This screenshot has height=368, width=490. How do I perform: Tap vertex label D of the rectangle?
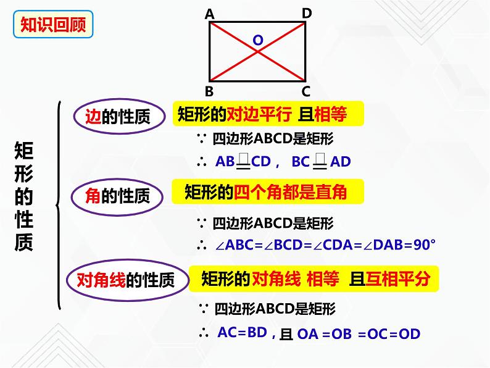point(307,13)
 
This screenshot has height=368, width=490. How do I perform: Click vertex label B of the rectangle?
point(209,92)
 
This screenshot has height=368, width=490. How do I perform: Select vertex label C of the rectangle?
point(306,92)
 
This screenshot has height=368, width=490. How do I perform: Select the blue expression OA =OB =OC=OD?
point(359,335)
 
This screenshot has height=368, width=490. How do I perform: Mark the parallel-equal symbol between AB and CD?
point(243,161)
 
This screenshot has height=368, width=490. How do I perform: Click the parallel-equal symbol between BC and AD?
point(320,161)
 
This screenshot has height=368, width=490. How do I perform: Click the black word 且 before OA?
point(285,334)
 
